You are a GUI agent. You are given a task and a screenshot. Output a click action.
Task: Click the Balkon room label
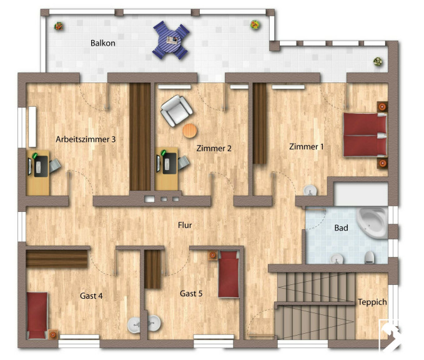tap(103, 43)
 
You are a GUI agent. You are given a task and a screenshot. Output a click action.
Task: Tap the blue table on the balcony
tap(171, 40)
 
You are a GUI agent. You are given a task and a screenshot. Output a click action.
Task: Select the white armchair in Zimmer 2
tap(176, 111)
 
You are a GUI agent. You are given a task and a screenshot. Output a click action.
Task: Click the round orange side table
tap(190, 131)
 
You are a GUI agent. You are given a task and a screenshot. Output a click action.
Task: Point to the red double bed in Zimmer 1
tap(365, 135)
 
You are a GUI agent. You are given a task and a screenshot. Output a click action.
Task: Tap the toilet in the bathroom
tap(369, 257)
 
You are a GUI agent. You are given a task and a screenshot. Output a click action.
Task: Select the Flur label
tap(185, 225)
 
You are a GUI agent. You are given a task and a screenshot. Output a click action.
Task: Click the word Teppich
tap(372, 302)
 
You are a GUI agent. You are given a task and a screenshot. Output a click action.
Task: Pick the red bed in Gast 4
tap(37, 316)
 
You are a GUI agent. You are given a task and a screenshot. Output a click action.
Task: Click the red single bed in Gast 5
tap(229, 274)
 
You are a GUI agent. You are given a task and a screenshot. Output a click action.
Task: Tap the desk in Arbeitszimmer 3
tap(38, 172)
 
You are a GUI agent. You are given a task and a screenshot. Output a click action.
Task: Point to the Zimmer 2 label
tap(214, 148)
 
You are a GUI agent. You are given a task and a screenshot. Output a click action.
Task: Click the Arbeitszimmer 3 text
tap(86, 139)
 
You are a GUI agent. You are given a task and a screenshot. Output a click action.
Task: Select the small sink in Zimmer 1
tap(310, 190)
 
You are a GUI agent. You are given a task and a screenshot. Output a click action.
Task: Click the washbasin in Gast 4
tap(134, 325)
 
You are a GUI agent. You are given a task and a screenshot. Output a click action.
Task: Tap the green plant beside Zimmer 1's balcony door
tap(378, 62)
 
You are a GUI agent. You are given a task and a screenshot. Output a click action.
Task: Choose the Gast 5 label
tap(191, 294)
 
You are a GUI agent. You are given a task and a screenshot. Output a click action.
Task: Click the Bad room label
tap(341, 228)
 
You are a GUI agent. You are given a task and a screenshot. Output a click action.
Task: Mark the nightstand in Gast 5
tap(212, 255)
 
